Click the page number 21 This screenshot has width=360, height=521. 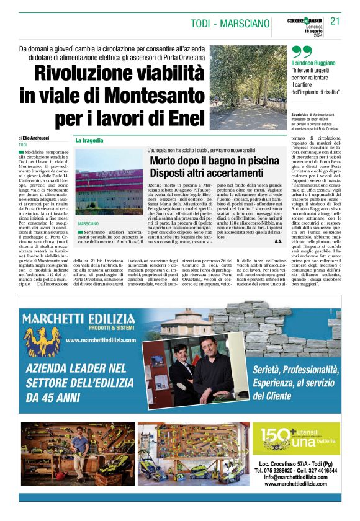[335, 20]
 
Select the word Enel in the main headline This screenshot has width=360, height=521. [184, 116]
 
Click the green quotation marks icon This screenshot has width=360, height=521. [301, 51]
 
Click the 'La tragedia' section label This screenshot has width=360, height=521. [89, 141]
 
